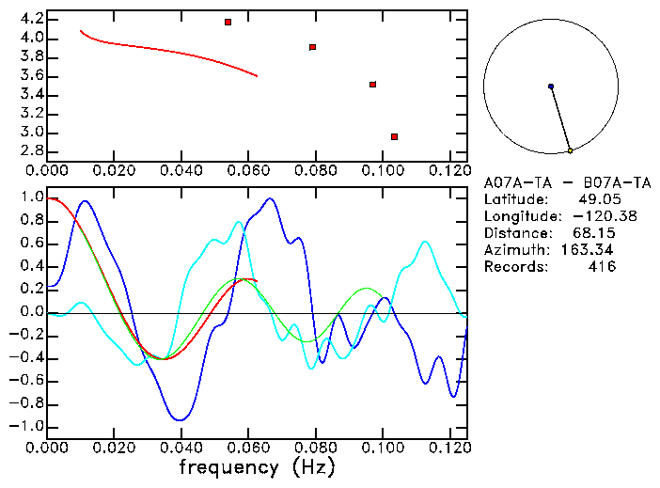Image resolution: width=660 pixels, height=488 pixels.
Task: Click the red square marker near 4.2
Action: point(228,22)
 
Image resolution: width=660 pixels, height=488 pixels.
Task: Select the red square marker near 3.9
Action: point(312,46)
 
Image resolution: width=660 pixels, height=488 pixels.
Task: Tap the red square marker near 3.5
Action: point(373,85)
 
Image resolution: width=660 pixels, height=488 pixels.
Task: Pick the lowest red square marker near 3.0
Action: point(394,136)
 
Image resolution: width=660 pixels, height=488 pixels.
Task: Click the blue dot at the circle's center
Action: point(551,87)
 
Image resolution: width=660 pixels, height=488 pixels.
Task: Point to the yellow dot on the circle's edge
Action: point(570,150)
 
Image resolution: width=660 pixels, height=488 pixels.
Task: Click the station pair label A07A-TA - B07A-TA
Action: point(567,182)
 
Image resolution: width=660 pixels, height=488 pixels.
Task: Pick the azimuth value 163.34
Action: point(593,250)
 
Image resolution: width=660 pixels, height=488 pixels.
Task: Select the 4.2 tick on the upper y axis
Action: point(32,19)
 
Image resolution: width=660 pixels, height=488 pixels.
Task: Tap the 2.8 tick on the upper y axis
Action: point(32,151)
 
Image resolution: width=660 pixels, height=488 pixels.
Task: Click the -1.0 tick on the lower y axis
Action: point(28,426)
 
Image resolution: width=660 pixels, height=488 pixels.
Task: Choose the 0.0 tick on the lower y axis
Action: point(32,312)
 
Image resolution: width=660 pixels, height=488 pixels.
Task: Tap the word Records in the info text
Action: point(514,267)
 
